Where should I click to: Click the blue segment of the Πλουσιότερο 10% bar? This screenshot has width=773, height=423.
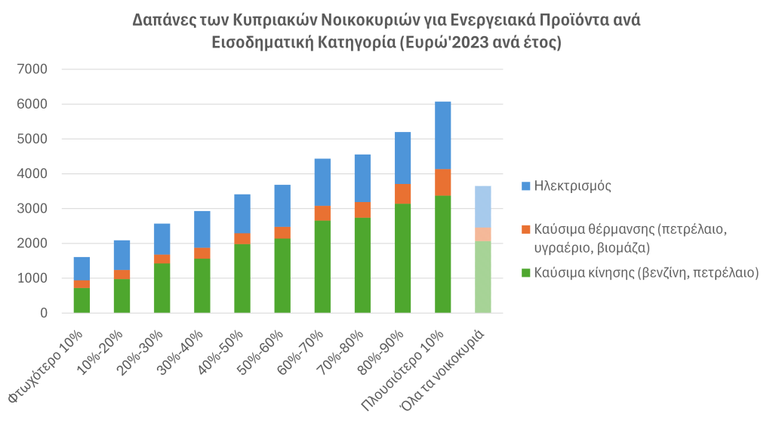coord(442,135)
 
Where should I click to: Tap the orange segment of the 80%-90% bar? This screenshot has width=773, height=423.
coord(402,193)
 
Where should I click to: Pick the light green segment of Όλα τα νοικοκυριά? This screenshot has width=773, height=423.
coord(482,277)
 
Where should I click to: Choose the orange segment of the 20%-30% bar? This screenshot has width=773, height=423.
coord(162,259)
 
